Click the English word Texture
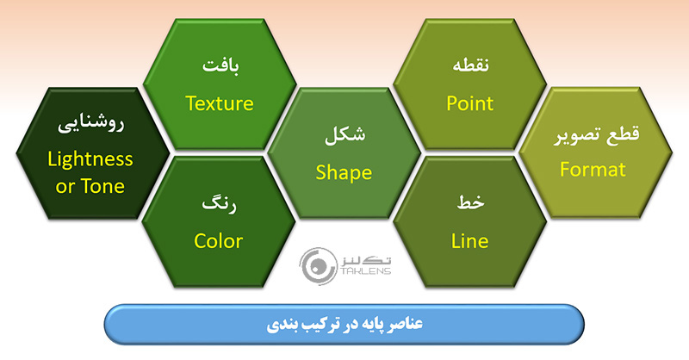pyautogui.click(x=219, y=103)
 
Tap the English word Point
pyautogui.click(x=469, y=103)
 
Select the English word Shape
pyautogui.click(x=343, y=172)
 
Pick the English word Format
pyautogui.click(x=593, y=170)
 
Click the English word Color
pyautogui.click(x=218, y=240)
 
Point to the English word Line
pyautogui.click(x=469, y=240)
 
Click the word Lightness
pyautogui.click(x=90, y=159)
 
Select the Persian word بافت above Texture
pyautogui.click(x=219, y=65)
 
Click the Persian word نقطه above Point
pyautogui.click(x=470, y=65)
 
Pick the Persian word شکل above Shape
pyautogui.click(x=343, y=136)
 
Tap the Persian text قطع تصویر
pyautogui.click(x=593, y=136)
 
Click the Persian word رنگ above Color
pyautogui.click(x=218, y=205)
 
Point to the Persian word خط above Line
pyautogui.click(x=470, y=203)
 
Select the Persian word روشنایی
pyautogui.click(x=90, y=124)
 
